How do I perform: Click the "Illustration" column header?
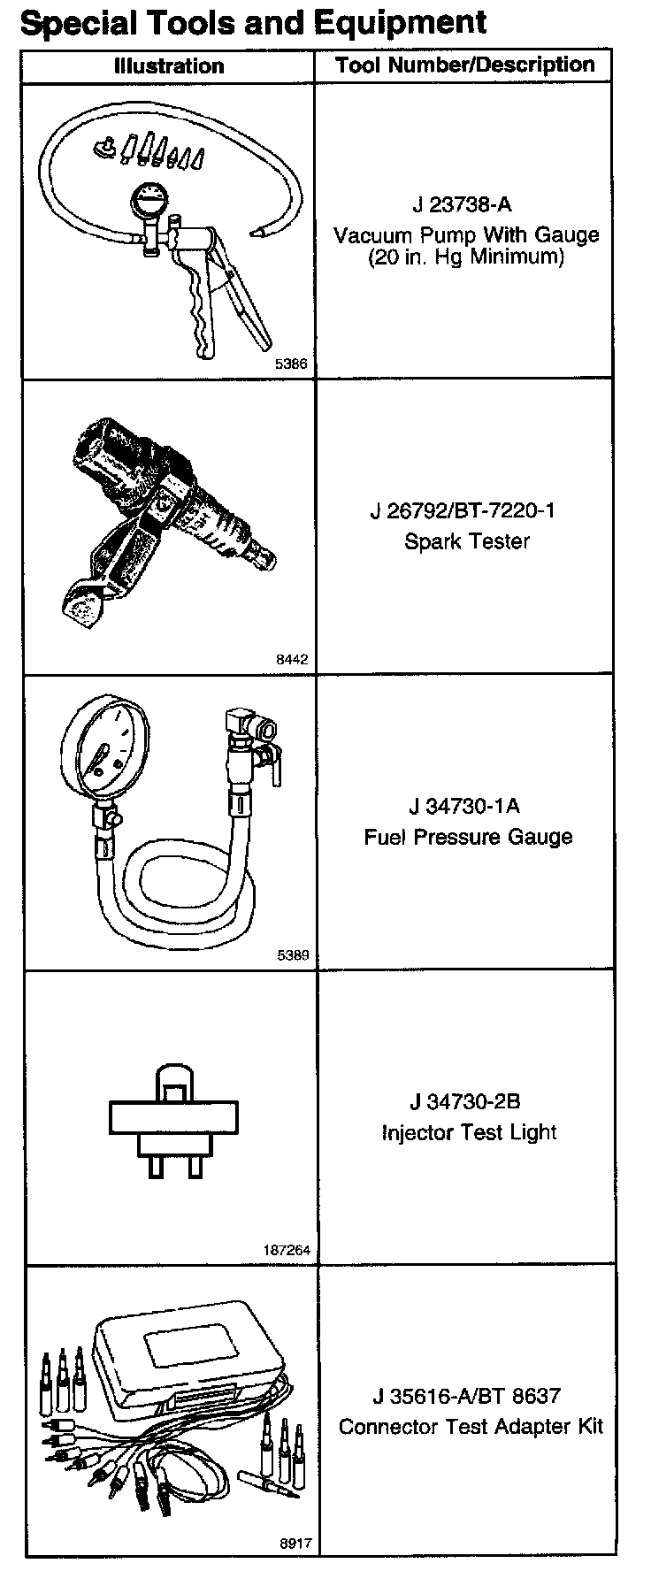click(169, 65)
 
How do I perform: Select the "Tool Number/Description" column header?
click(464, 65)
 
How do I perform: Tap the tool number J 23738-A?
click(462, 204)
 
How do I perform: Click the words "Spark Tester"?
click(466, 540)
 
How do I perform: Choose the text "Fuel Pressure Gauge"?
click(468, 837)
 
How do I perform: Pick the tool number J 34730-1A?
click(464, 806)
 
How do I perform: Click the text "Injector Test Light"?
click(469, 1132)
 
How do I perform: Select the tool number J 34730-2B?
click(464, 1101)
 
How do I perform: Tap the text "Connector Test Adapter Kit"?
click(471, 1427)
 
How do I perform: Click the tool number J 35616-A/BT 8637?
click(466, 1396)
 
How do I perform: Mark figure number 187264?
click(287, 1251)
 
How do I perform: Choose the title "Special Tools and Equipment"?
click(253, 22)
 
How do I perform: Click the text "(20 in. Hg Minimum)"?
click(466, 257)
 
